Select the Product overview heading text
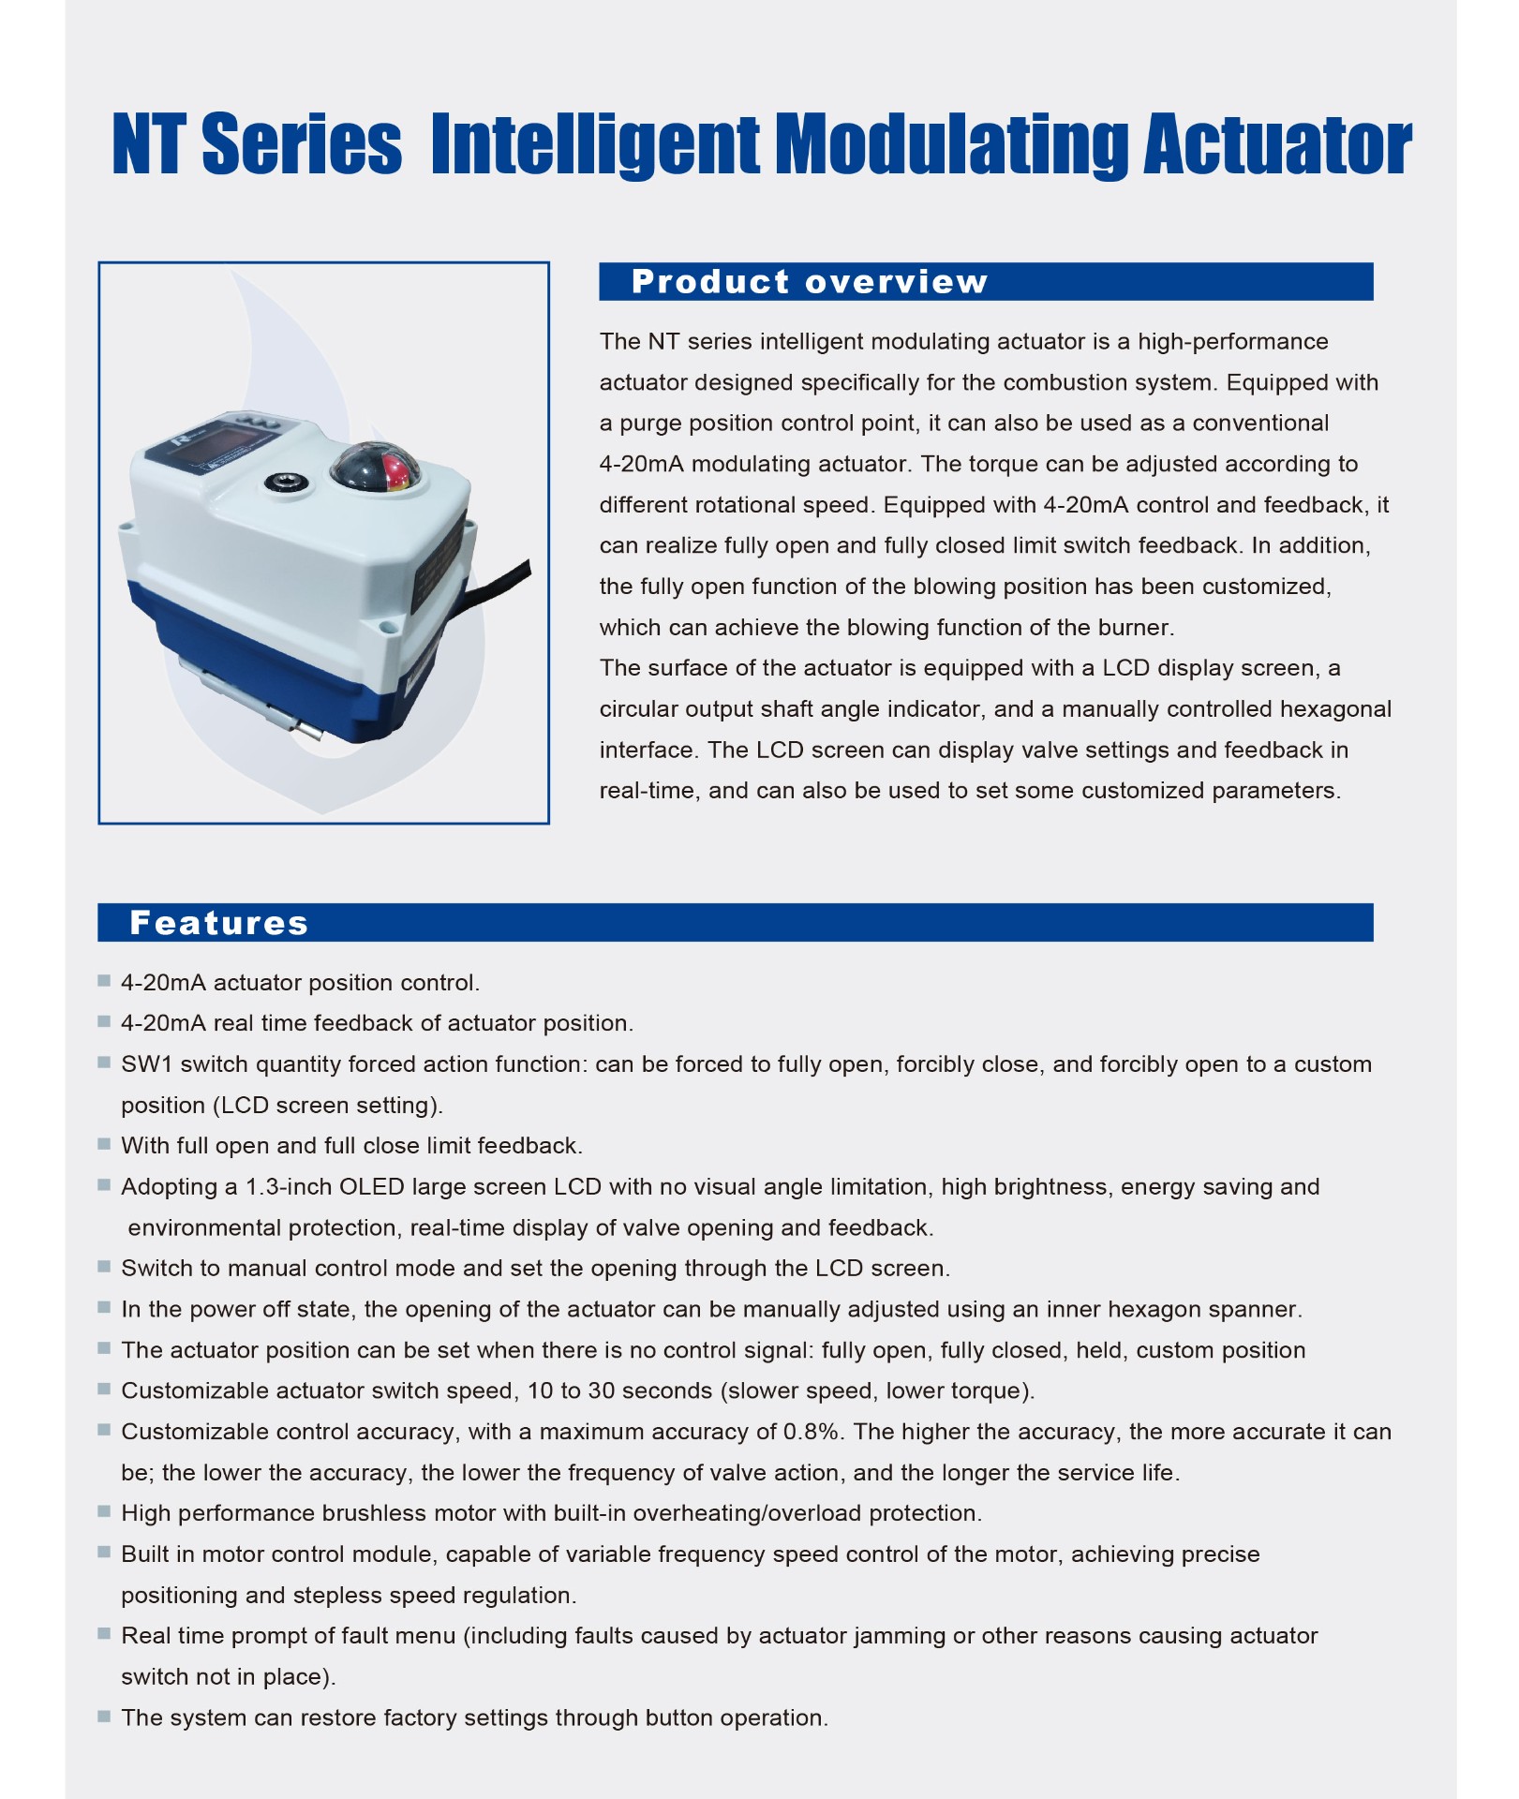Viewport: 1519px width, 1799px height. point(809,282)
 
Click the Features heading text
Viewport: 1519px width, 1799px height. point(218,923)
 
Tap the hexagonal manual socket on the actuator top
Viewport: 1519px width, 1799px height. point(280,482)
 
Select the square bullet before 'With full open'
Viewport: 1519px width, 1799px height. point(104,1144)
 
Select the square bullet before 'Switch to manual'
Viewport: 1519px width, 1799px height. point(104,1267)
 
